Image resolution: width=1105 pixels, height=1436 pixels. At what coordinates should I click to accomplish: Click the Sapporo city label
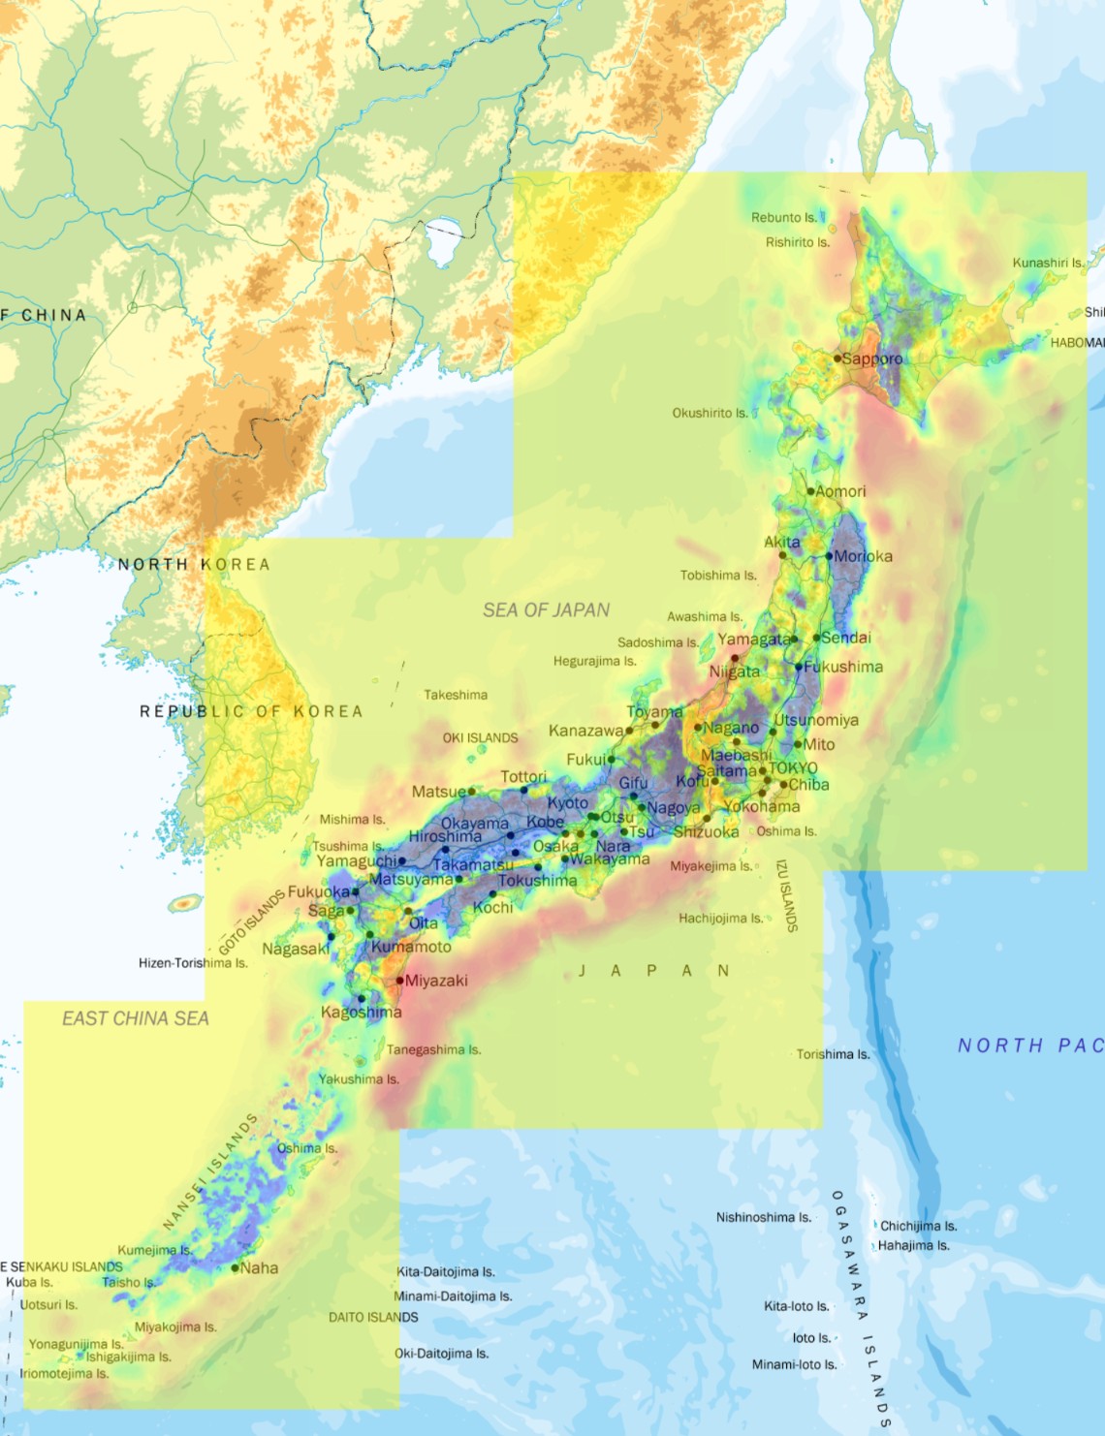[872, 359]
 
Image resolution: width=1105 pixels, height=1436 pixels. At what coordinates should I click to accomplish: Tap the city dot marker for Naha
[236, 1267]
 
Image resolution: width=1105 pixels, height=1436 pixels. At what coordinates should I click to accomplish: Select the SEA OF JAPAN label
[547, 609]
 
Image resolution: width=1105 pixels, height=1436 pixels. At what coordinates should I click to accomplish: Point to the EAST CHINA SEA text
[136, 1018]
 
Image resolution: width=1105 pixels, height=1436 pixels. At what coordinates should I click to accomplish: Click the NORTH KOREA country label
[194, 564]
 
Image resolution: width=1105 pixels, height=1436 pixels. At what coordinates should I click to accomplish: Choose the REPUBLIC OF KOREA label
[251, 711]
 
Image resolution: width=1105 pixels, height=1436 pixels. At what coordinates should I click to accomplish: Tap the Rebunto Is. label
[784, 218]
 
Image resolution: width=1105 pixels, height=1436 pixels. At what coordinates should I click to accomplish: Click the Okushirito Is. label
[710, 413]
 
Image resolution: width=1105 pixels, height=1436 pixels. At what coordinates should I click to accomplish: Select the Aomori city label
[840, 491]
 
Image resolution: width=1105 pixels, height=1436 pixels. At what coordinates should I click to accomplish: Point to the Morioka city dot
[830, 556]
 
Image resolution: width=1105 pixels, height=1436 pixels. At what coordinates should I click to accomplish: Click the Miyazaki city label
[436, 981]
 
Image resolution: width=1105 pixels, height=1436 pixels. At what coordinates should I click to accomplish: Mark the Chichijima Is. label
[918, 1226]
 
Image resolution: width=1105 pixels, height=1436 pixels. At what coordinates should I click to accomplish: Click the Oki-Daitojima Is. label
[441, 1354]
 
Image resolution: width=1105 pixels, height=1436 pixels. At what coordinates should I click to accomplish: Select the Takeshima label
[456, 695]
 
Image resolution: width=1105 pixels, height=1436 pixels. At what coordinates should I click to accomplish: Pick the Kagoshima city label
[361, 1013]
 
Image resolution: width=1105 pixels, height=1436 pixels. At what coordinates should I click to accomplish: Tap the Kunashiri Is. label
[1049, 263]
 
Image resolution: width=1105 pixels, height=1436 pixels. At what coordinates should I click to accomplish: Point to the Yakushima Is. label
[359, 1078]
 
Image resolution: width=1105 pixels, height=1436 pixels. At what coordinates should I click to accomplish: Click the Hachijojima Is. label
[720, 918]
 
